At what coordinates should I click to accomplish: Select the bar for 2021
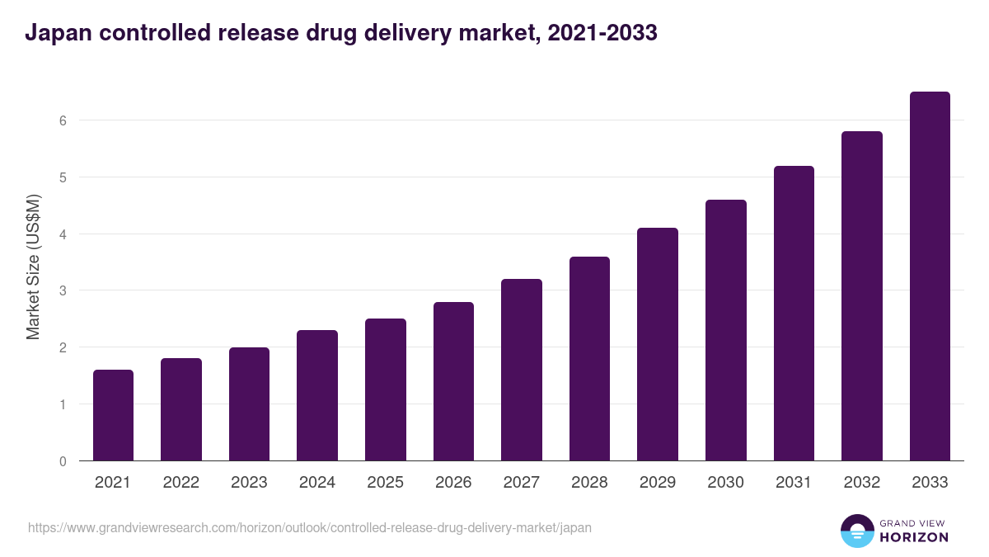click(113, 415)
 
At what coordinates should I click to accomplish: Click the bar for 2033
click(930, 276)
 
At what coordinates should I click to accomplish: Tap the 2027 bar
click(522, 370)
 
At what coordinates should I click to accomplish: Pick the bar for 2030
click(726, 330)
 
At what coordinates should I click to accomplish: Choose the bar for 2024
click(317, 395)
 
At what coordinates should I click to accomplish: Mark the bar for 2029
click(658, 344)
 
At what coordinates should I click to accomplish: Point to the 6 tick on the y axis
click(62, 120)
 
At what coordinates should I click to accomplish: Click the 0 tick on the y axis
click(62, 461)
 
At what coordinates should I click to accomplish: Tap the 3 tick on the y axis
click(62, 290)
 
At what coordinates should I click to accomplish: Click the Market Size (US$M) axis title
click(33, 267)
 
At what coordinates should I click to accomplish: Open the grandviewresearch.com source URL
click(310, 527)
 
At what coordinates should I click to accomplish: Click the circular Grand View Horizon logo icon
click(856, 531)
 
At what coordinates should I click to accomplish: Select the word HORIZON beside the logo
click(914, 537)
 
